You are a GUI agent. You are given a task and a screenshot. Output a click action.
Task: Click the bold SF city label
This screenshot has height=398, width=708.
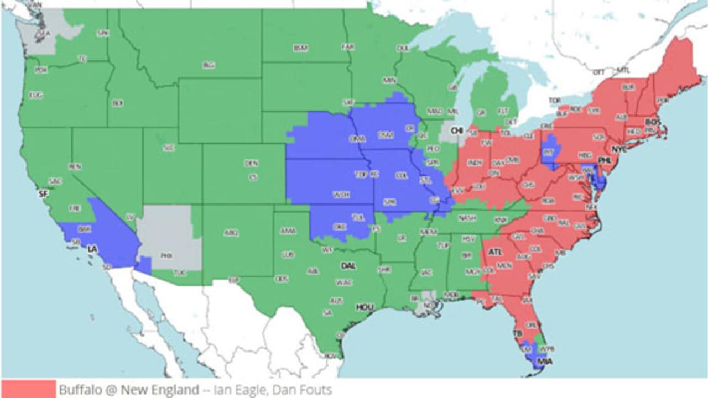tap(43, 194)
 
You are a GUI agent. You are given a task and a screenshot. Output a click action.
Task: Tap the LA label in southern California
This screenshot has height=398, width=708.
tap(92, 249)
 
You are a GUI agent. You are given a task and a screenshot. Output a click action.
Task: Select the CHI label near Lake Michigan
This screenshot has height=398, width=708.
tap(457, 130)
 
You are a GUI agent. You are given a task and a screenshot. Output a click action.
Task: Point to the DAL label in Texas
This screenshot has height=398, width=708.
tap(348, 266)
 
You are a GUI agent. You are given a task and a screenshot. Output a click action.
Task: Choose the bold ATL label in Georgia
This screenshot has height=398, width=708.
tap(495, 252)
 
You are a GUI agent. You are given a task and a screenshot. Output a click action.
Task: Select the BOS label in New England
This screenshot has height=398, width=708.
tap(653, 122)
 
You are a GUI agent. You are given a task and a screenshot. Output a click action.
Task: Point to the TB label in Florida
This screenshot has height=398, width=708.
tap(518, 334)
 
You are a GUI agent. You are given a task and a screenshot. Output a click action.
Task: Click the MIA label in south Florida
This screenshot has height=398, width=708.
tap(545, 362)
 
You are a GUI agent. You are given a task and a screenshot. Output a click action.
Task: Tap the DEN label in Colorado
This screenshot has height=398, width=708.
tap(251, 164)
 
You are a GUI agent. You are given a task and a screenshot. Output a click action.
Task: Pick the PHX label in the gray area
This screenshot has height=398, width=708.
tap(166, 256)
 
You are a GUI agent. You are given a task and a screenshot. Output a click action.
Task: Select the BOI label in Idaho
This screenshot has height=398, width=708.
tap(117, 103)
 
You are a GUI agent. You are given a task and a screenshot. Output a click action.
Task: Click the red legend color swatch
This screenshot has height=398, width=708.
tap(28, 389)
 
